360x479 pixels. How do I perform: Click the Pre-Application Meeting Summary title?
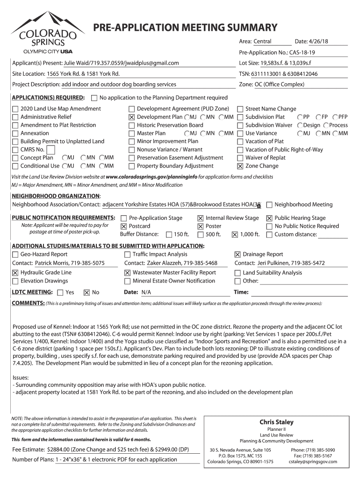185,28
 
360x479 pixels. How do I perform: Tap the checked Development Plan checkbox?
131,117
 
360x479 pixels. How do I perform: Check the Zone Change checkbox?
240,166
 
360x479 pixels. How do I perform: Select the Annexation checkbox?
15,133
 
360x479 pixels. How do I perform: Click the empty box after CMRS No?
51,150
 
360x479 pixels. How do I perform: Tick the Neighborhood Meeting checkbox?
269,205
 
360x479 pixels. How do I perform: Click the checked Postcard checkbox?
123,226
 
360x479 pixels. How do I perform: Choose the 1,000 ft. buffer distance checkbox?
235,235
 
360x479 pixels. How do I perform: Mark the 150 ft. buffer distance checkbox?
168,235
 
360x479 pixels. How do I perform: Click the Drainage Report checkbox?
238,254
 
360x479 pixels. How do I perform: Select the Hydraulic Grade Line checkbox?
15,273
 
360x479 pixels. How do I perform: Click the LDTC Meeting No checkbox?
86,293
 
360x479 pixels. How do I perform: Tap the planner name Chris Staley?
276,422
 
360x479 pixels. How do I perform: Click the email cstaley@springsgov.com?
313,462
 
